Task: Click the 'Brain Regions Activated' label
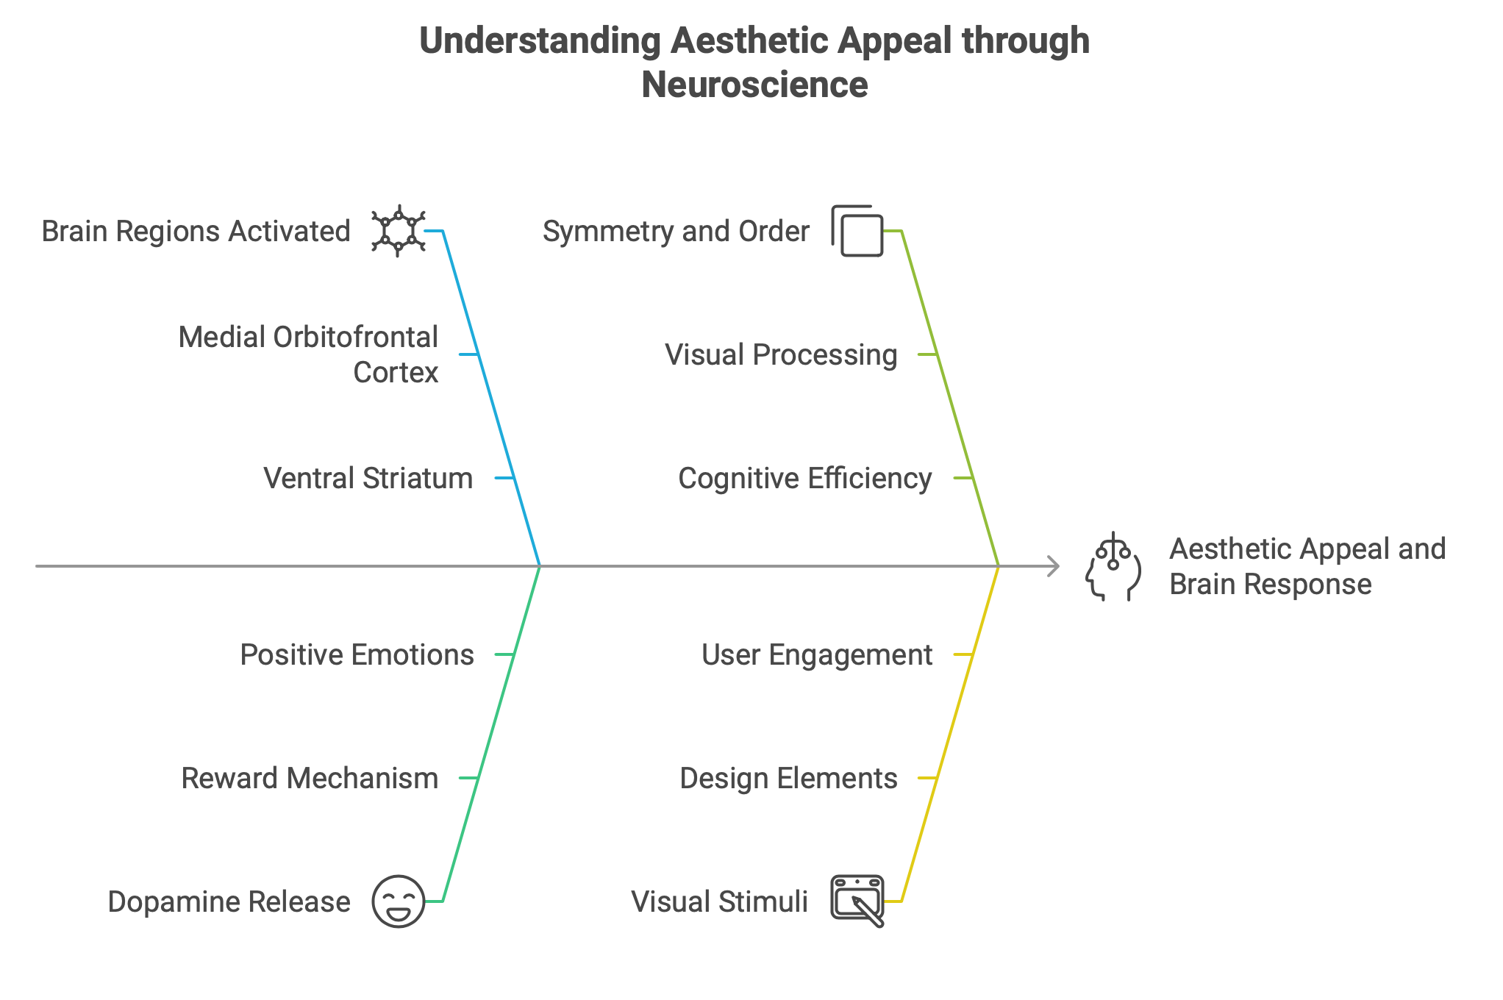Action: click(x=196, y=232)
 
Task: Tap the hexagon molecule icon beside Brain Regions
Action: click(x=398, y=231)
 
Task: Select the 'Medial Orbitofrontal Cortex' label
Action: click(x=309, y=354)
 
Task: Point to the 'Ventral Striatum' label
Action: click(x=368, y=479)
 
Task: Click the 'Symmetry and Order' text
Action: click(x=676, y=232)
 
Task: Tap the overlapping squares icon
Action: click(x=857, y=231)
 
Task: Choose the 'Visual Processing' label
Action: click(x=781, y=355)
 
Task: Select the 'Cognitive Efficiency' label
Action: click(x=804, y=479)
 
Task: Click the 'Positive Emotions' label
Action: click(x=357, y=655)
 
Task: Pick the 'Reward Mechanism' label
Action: click(x=310, y=779)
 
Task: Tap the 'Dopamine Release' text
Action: click(x=229, y=902)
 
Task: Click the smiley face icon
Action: click(x=399, y=901)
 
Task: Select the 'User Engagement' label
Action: click(x=816, y=655)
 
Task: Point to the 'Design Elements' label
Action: click(x=788, y=779)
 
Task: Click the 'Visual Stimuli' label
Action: click(x=719, y=902)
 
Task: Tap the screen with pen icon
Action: click(x=857, y=901)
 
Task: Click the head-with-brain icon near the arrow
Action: click(x=1113, y=567)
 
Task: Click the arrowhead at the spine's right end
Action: click(x=1054, y=566)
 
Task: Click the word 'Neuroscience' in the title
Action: click(x=754, y=85)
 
